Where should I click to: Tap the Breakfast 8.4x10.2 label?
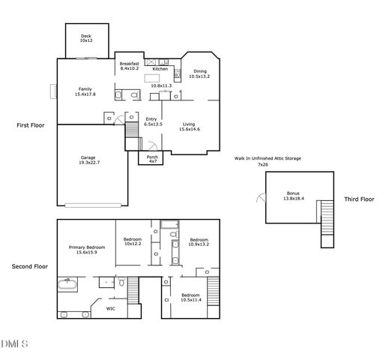pos(129,66)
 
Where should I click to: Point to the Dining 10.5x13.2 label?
pos(199,73)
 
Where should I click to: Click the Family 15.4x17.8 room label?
pos(84,91)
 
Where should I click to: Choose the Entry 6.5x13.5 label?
pos(151,122)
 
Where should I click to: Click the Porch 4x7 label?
pos(152,159)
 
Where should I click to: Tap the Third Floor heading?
pos(358,199)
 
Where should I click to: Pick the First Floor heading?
pos(31,125)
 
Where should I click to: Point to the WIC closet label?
pos(110,308)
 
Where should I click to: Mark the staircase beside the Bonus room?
pos(327,223)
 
